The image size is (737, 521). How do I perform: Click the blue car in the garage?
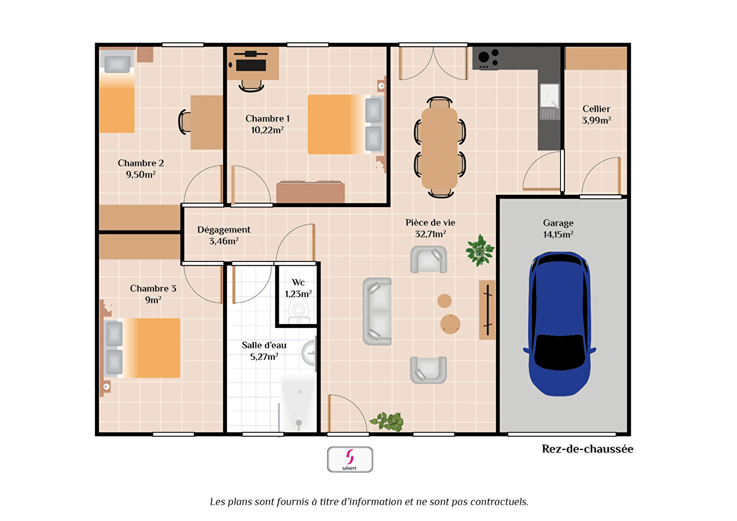[560, 324]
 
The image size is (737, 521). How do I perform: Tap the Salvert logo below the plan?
[350, 459]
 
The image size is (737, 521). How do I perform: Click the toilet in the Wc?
[299, 312]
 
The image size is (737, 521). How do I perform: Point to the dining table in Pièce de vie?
[439, 149]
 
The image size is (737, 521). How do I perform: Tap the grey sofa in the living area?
[377, 311]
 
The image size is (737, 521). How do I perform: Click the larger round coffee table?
[450, 324]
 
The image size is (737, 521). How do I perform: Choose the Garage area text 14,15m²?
[558, 234]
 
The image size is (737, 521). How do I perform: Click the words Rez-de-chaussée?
[587, 449]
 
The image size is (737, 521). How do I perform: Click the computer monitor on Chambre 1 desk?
[251, 65]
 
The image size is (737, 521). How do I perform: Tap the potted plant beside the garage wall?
[480, 250]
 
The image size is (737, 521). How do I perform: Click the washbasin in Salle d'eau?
[309, 353]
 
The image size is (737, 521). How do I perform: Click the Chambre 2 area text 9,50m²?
[140, 175]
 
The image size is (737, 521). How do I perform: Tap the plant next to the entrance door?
[387, 422]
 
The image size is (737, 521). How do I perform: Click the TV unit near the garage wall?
[487, 310]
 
